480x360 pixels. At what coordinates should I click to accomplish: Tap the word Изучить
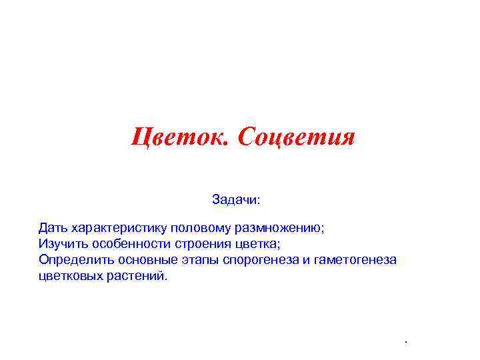[60, 243]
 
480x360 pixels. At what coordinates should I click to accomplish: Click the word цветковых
[70, 275]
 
